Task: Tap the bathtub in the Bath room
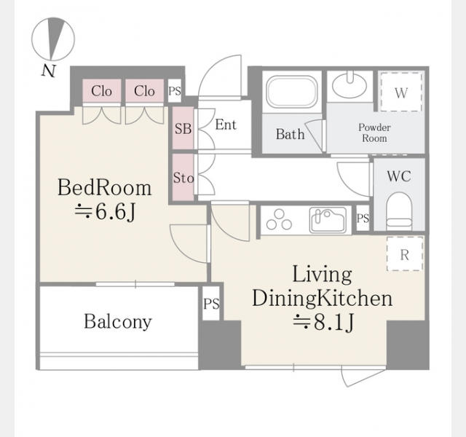point(291,92)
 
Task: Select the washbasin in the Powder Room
point(349,85)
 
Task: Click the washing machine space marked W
point(401,92)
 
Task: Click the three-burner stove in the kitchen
point(279,220)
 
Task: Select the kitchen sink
point(328,220)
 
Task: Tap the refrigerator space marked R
point(405,254)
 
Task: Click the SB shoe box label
point(183,129)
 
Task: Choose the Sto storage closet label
point(183,178)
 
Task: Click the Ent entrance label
point(226,125)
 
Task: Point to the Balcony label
point(118,322)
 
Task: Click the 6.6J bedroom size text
point(105,212)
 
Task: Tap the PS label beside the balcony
point(211,304)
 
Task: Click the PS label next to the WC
point(363,219)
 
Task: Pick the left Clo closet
point(102,91)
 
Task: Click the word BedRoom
point(104,188)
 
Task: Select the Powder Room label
point(374,133)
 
